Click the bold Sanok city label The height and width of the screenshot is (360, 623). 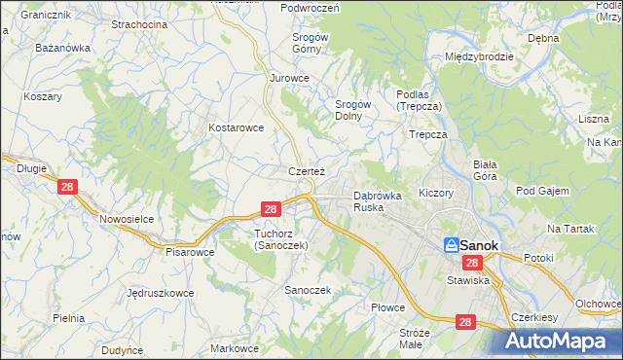(x=480, y=246)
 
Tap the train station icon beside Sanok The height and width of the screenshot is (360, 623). (x=452, y=245)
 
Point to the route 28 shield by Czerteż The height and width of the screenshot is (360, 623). (x=272, y=208)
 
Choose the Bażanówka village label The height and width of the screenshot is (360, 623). (x=62, y=47)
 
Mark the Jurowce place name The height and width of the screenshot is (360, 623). (x=289, y=78)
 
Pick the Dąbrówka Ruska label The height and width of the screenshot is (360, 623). (x=378, y=201)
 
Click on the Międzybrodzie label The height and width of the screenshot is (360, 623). (x=478, y=56)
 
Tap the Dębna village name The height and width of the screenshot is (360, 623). (x=543, y=38)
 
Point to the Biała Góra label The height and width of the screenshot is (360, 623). (x=485, y=170)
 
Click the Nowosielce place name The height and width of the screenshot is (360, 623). (x=127, y=219)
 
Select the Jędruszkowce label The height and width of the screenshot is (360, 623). (x=160, y=292)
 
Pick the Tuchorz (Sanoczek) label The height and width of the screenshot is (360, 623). (x=280, y=239)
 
